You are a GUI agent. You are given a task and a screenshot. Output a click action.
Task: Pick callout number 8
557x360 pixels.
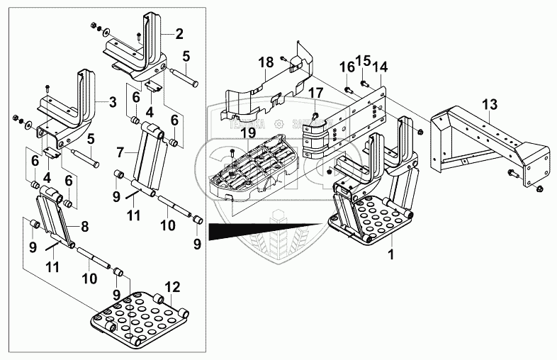point(84,227)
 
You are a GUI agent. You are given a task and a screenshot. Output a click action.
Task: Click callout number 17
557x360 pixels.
point(316,92)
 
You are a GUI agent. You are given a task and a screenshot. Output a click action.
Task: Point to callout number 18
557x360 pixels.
point(265,62)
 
